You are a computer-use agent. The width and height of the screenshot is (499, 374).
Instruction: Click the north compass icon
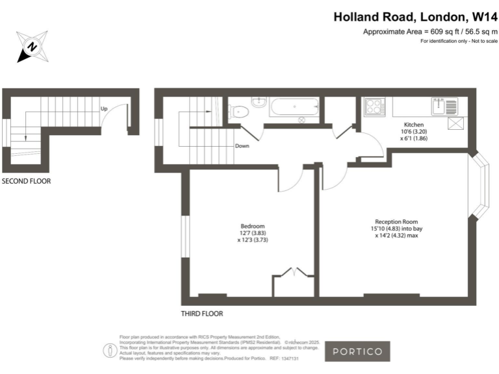31,47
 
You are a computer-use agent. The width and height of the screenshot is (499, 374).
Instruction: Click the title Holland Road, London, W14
415,18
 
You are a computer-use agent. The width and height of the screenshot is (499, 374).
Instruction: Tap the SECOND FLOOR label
26,181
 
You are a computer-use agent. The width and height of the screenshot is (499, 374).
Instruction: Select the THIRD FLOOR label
202,314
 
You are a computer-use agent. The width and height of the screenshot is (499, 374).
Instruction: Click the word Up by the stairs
104,108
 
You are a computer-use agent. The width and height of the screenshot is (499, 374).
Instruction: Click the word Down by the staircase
242,146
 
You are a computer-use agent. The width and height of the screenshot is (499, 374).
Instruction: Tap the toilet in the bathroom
237,112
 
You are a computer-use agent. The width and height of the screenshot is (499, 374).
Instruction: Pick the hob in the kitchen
375,106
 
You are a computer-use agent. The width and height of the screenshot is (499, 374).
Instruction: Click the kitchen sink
447,105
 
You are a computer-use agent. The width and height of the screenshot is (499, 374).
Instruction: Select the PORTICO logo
357,351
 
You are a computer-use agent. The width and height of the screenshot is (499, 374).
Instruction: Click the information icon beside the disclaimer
109,350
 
